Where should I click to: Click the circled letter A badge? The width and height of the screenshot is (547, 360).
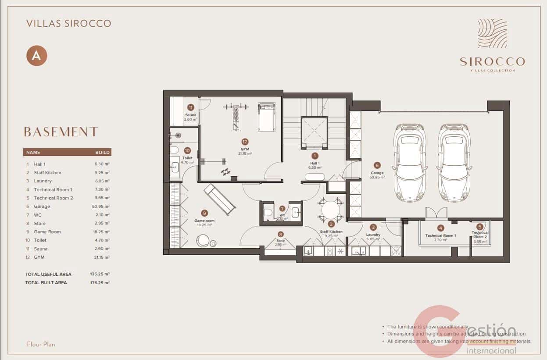tap(36, 56)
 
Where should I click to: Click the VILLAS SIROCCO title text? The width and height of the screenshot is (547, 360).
tap(68, 23)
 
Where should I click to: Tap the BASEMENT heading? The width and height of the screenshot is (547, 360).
tap(61, 132)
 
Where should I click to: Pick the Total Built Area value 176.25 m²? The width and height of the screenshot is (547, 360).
tap(100, 283)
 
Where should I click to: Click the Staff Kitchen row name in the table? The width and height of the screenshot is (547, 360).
tap(47, 173)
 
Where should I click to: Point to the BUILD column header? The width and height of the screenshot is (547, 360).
tap(102, 153)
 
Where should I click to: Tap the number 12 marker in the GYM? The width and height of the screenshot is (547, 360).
tap(245, 142)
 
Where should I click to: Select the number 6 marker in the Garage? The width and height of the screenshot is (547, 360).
tap(377, 165)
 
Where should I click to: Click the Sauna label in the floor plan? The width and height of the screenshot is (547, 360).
tap(190, 115)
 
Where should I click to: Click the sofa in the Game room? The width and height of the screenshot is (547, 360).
tap(220, 200)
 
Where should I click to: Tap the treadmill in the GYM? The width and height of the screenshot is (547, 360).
tap(267, 117)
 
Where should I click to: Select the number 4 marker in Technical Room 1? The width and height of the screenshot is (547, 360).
tap(440, 228)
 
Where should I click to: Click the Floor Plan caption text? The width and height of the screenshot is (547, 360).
tap(41, 344)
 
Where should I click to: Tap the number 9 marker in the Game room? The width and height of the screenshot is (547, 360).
tap(204, 213)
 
